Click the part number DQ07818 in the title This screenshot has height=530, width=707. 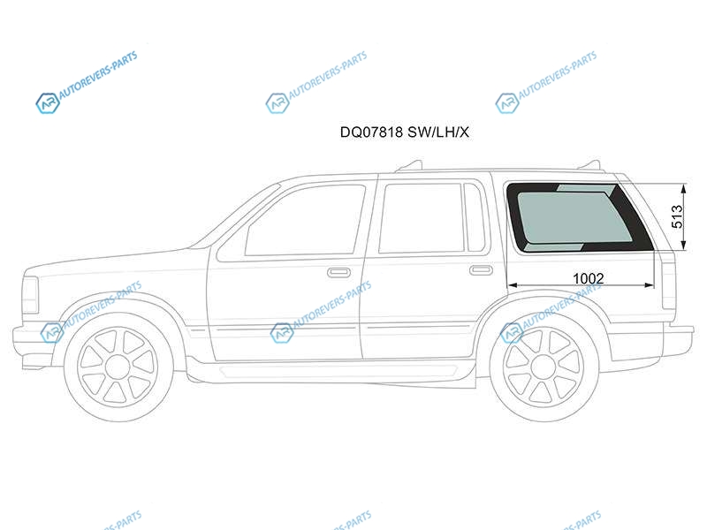pyautogui.click(x=371, y=132)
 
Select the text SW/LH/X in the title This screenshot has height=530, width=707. pyautogui.click(x=438, y=132)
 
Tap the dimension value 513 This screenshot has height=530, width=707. pyautogui.click(x=678, y=216)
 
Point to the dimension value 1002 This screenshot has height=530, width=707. pyautogui.click(x=588, y=278)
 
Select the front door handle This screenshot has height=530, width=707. pyautogui.click(x=338, y=272)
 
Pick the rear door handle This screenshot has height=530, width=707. pyautogui.click(x=481, y=270)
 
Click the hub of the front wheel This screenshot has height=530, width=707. pyautogui.click(x=118, y=367)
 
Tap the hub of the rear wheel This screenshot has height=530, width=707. pyautogui.click(x=544, y=367)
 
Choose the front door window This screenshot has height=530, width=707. pyautogui.click(x=304, y=221)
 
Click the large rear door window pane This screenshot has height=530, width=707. pyautogui.click(x=422, y=217)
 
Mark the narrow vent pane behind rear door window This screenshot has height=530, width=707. pyautogui.click(x=474, y=217)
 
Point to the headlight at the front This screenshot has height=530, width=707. pyautogui.click(x=30, y=294)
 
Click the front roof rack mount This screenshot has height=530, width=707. pyautogui.click(x=409, y=166)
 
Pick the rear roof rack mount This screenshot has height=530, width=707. pyautogui.click(x=590, y=165)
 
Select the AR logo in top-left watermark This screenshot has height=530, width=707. pyautogui.click(x=48, y=103)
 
